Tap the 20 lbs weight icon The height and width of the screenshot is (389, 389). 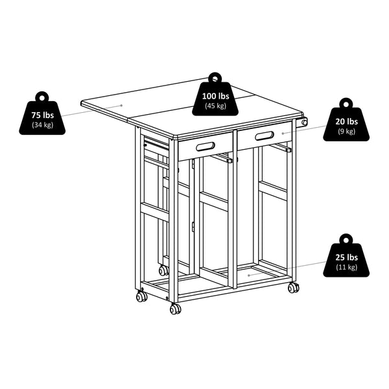pos(346,124)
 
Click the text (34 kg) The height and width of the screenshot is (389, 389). pos(42,124)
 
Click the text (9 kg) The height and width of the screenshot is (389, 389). pos(346,132)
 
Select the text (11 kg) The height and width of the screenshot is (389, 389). pos(346,267)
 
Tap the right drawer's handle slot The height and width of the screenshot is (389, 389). pos(265,136)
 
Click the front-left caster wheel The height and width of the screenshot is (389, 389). pos(141,296)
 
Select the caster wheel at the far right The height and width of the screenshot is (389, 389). pos(293,287)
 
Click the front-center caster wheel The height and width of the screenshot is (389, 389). pos(175,309)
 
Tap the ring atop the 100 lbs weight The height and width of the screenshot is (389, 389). pos(214,75)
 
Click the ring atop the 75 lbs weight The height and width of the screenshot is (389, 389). pos(42,96)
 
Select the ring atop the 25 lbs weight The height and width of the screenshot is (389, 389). pos(346,239)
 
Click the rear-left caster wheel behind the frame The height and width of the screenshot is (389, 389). pos(163,270)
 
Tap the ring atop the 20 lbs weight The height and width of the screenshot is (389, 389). pos(346,103)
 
